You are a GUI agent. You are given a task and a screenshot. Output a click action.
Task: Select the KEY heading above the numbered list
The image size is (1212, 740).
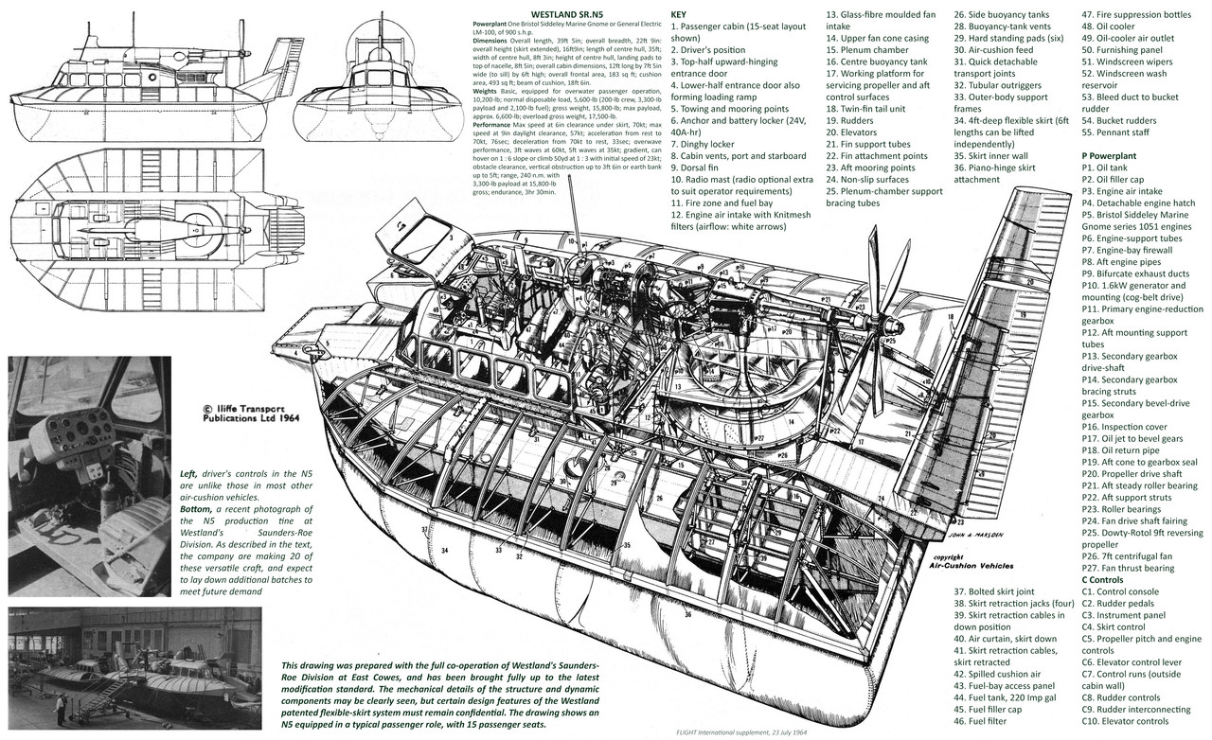click(679, 15)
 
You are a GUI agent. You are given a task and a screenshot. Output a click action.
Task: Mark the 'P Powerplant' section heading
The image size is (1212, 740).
click(1123, 153)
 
